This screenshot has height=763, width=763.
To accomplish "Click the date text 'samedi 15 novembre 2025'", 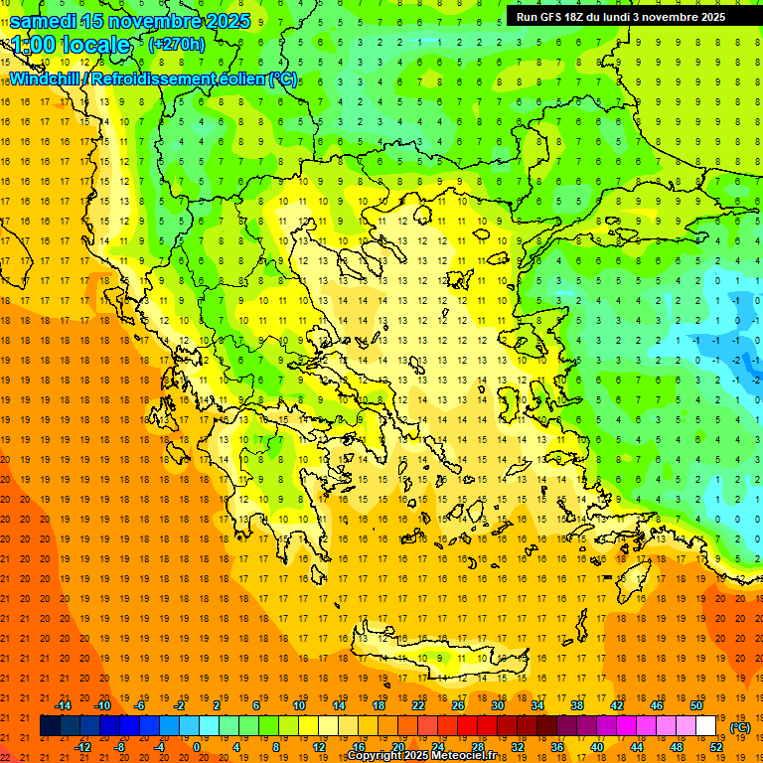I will (x=129, y=21).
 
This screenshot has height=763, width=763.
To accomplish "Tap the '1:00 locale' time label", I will (x=71, y=45).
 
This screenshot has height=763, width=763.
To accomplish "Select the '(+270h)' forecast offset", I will (x=176, y=44).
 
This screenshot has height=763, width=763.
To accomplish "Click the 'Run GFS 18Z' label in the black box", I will (x=556, y=16).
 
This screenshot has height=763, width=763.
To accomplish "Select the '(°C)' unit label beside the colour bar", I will (x=740, y=727).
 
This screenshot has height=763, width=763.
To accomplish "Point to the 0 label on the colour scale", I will (x=196, y=747).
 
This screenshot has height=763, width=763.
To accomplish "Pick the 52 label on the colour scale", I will (x=716, y=747).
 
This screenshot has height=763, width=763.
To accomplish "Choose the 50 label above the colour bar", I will (x=696, y=705).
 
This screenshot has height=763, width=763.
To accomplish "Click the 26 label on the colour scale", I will (x=458, y=705).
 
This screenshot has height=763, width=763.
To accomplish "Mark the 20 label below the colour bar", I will (x=397, y=747).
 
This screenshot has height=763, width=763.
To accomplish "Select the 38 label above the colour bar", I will (x=577, y=705).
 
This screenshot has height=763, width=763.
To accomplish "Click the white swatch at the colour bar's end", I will (x=706, y=726).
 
